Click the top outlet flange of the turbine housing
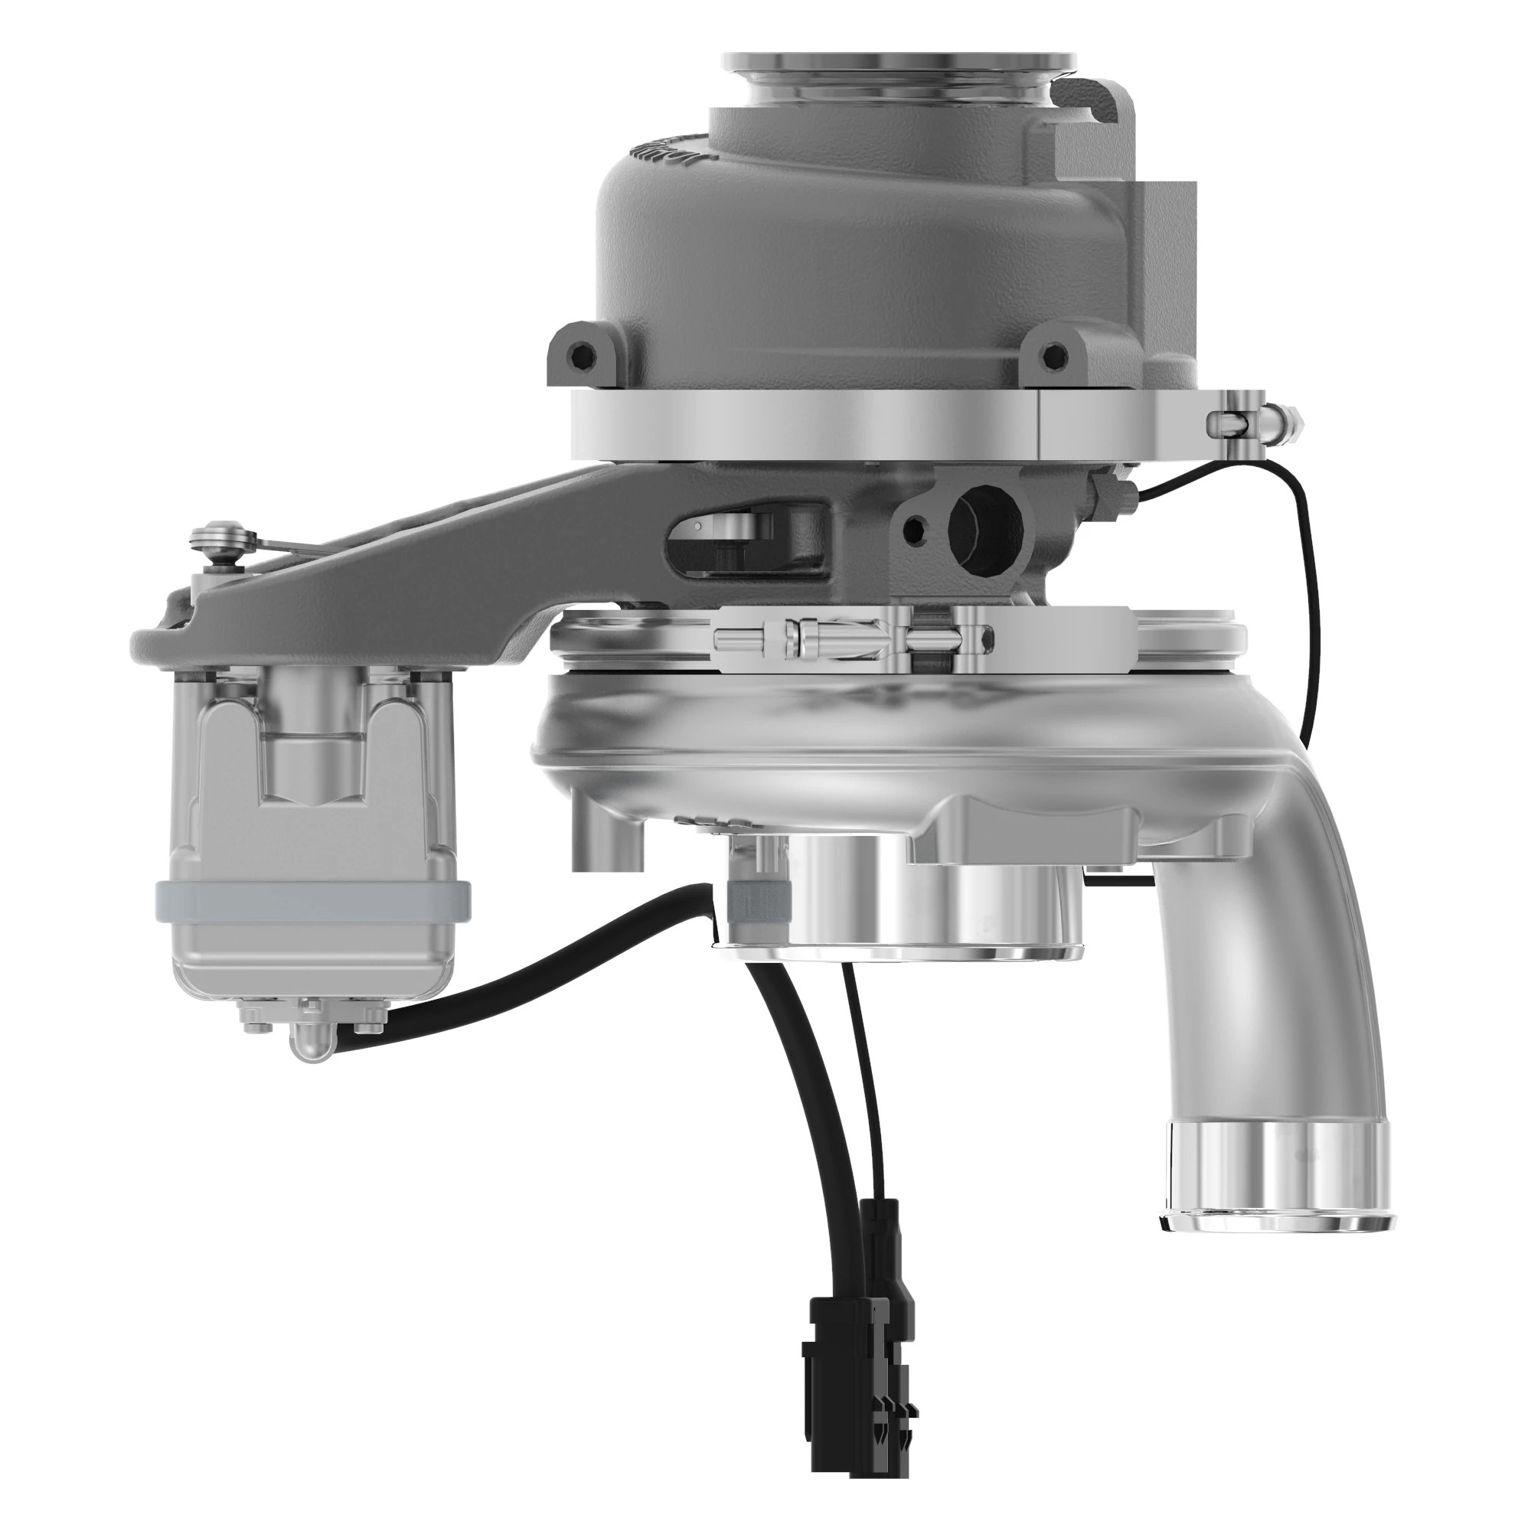pyautogui.click(x=900, y=63)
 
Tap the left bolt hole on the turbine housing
pyautogui.click(x=584, y=354)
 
